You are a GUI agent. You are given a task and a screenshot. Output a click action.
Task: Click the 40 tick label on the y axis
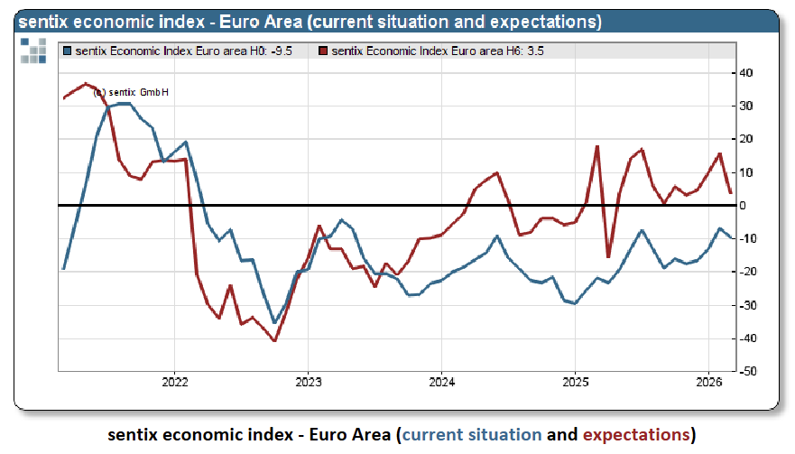pos(747,73)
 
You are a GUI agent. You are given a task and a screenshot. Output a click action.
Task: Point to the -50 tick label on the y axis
pos(749,371)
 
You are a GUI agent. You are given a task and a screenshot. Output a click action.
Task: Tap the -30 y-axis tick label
pos(749,305)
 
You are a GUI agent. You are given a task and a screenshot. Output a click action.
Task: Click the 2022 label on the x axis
pos(174,381)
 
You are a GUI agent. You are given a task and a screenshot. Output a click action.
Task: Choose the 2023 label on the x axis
pos(308,381)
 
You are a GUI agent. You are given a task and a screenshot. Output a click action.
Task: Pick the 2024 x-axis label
pos(441,381)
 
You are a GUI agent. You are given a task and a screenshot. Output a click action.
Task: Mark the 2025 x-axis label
pos(575,381)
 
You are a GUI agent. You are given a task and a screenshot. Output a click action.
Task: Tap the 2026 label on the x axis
pos(708,381)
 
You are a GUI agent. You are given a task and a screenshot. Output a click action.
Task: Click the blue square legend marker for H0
pos(66,51)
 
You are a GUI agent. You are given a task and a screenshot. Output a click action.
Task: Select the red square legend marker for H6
pos(324,51)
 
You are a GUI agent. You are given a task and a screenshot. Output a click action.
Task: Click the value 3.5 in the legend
pos(535,51)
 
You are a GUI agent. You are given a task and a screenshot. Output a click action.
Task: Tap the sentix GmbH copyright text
pos(132,93)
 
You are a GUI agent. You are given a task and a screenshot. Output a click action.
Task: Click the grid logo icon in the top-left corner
pos(32,51)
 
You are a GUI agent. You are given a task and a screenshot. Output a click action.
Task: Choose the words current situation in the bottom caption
pos(472,435)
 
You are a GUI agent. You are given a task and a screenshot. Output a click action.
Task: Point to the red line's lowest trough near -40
pos(274,340)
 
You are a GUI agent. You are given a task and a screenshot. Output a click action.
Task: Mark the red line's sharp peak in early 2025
pos(597,146)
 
